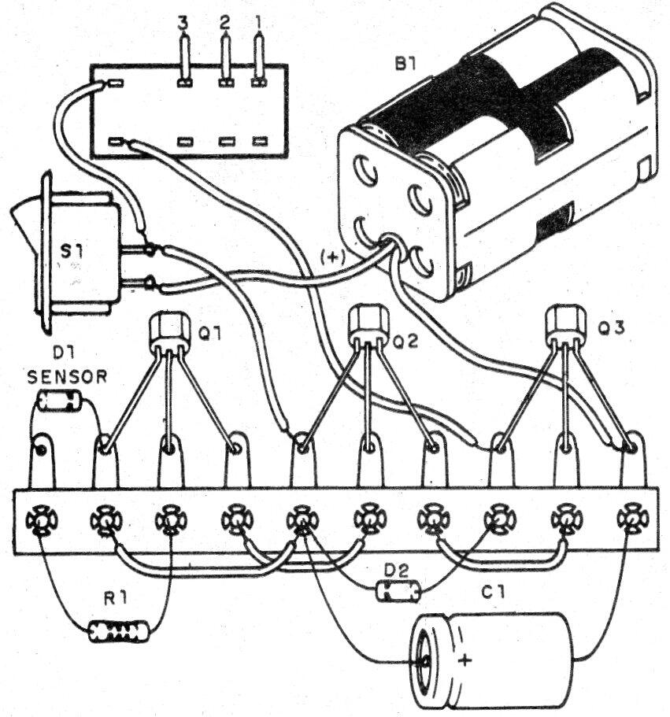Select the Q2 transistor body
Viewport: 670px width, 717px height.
[x=368, y=325]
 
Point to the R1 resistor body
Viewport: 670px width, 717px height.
[x=119, y=631]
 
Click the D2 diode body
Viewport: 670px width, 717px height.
[x=398, y=591]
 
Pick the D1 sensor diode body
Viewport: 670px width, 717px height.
[x=60, y=401]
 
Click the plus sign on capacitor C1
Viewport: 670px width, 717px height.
[x=465, y=661]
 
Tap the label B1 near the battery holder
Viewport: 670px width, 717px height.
[x=405, y=65]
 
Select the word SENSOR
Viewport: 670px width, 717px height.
[x=67, y=377]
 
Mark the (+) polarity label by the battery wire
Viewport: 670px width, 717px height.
[x=333, y=258]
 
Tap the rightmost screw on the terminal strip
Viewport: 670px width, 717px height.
[x=632, y=519]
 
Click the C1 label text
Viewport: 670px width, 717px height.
[x=493, y=593]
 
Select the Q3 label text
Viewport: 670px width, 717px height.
[x=612, y=328]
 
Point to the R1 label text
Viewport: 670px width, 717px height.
[x=115, y=600]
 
